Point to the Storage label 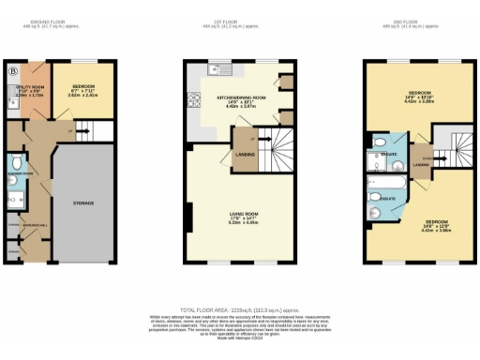(x=84, y=202)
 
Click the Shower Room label (x=21, y=172)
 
